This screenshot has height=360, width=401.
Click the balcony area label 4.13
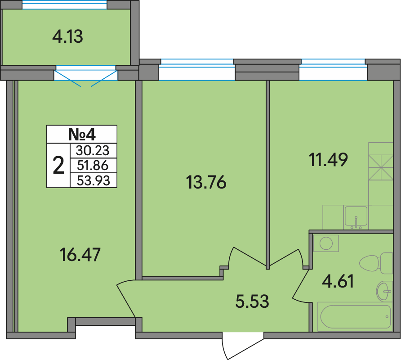[x=67, y=37]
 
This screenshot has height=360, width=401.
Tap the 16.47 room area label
[x=80, y=255]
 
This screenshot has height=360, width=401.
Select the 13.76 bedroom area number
[x=206, y=182]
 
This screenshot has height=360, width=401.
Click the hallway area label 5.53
[x=252, y=301]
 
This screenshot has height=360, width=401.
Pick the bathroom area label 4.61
[x=338, y=281]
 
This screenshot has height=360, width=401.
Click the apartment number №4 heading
[x=82, y=134]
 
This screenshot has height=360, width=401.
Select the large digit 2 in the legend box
[x=58, y=166]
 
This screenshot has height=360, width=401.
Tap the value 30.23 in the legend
[x=93, y=151]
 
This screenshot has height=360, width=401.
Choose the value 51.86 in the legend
[x=93, y=166]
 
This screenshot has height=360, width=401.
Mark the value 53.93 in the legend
[x=94, y=180]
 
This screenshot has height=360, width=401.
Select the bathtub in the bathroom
[x=355, y=316]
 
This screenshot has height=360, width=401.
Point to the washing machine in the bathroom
[x=326, y=243]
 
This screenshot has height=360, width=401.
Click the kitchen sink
[x=356, y=217]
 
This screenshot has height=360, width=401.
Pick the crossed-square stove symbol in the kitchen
[x=381, y=167]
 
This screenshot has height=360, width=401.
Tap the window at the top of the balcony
[x=64, y=4]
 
